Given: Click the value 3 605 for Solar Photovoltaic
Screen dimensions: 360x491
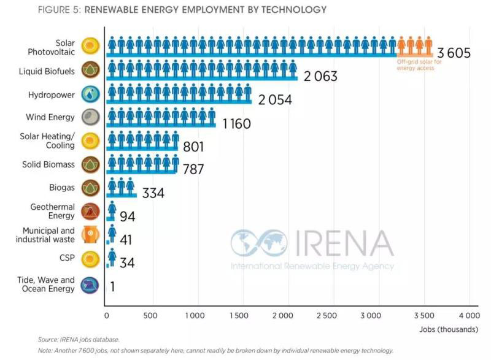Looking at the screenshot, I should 454,53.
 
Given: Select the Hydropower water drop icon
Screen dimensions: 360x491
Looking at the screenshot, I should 90,94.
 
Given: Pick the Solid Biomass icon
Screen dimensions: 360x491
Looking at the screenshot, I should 90,164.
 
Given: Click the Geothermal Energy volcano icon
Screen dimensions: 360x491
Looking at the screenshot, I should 90,211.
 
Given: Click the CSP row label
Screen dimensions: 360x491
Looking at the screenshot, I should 68,258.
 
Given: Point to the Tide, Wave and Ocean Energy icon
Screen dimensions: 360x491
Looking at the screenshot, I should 90,285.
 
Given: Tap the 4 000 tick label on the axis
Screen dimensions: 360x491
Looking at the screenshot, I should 470,316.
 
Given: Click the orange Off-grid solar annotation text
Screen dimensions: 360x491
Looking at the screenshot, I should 416,66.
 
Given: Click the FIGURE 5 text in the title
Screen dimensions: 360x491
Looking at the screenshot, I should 59,10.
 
